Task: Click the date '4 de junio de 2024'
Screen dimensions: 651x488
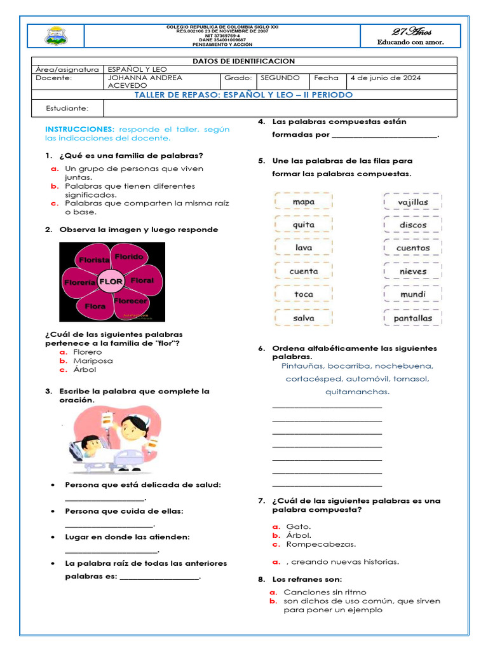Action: click(385, 78)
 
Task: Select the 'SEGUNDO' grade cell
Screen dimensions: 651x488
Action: click(280, 78)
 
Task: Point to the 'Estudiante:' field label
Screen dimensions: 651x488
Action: click(67, 109)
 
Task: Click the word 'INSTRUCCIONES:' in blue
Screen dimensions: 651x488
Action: click(79, 129)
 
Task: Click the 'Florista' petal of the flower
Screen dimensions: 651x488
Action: click(94, 260)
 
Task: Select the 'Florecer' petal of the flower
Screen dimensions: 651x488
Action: click(130, 301)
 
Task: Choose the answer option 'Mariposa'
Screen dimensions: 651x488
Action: click(93, 360)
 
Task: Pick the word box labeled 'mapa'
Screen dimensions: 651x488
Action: click(304, 202)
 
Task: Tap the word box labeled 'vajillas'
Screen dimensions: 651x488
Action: click(413, 202)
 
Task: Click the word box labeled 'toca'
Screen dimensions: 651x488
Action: click(304, 294)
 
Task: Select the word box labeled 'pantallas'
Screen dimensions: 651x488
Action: click(413, 318)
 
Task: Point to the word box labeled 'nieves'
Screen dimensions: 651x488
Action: click(413, 271)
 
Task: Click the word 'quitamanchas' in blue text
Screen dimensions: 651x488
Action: click(356, 392)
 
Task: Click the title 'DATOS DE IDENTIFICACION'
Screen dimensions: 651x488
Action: click(243, 61)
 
